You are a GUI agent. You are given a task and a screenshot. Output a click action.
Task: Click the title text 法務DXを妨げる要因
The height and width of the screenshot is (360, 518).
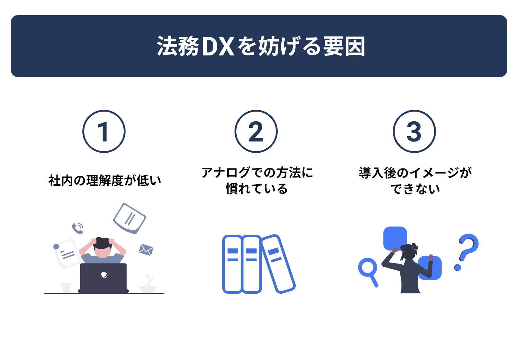(260, 46)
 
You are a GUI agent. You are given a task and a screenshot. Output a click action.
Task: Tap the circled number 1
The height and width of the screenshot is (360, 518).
(104, 131)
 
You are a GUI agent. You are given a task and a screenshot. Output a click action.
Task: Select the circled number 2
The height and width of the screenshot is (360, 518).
(256, 131)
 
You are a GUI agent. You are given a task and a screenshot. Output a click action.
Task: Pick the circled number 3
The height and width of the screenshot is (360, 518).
(414, 131)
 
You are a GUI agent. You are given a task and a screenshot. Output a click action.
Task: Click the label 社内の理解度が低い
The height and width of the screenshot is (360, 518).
(105, 180)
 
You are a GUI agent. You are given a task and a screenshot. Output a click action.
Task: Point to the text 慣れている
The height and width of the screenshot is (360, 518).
(257, 189)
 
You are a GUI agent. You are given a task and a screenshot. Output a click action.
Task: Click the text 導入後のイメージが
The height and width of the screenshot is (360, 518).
(415, 173)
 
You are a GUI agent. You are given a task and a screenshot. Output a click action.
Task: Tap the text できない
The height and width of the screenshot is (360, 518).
(415, 189)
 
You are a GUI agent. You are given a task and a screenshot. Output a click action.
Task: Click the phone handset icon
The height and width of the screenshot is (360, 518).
(78, 228)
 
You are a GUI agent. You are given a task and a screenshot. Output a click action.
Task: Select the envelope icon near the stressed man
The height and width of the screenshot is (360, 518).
(146, 250)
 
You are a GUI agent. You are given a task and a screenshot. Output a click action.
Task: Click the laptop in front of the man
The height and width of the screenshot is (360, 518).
(103, 278)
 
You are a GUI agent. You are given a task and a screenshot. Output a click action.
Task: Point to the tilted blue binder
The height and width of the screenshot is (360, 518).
(278, 264)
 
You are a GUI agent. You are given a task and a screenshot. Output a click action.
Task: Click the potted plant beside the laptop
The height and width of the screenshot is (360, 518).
(148, 284)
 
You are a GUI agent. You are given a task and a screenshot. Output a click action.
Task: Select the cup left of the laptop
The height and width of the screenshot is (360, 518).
(65, 288)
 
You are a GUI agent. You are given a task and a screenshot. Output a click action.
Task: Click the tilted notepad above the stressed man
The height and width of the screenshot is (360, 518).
(129, 219)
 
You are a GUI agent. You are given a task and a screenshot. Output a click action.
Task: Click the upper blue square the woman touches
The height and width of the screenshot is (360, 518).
(395, 238)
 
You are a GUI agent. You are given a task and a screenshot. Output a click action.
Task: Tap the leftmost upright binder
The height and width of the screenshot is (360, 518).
(232, 264)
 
